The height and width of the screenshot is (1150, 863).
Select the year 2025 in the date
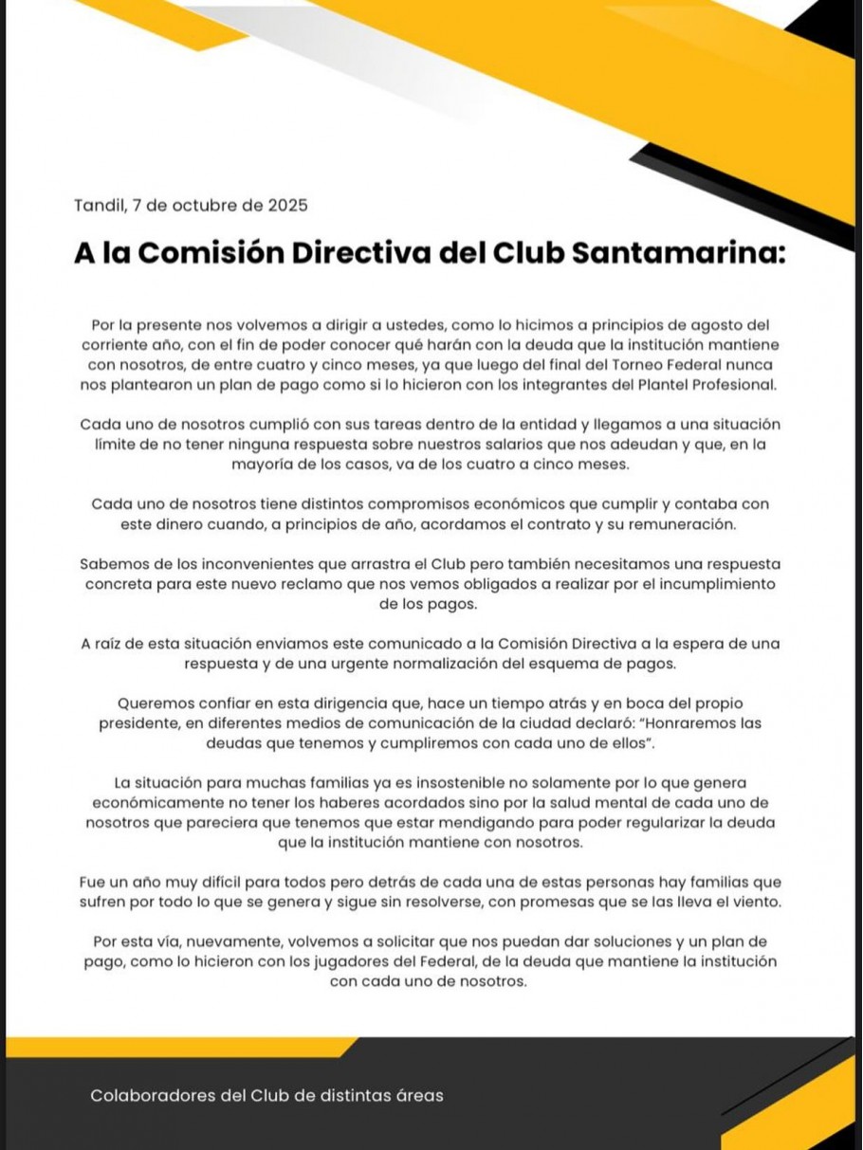289,205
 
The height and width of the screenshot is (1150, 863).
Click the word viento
756,903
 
